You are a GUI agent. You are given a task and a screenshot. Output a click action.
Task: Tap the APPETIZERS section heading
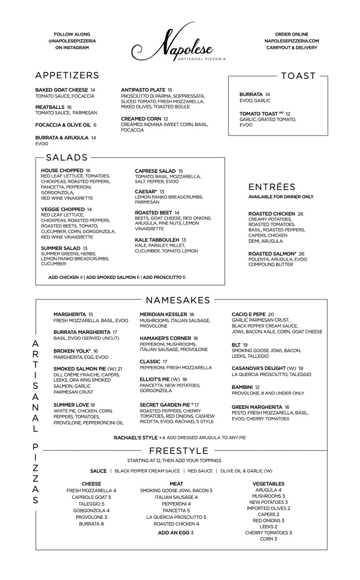click(67, 76)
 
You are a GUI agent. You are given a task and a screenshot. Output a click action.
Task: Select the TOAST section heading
click(298, 76)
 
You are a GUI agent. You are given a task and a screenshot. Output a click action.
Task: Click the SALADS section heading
click(67, 157)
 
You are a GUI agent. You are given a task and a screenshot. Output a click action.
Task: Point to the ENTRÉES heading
click(272, 187)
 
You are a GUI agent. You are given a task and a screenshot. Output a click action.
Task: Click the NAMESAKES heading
click(178, 301)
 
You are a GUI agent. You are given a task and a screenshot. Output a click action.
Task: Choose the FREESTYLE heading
click(178, 450)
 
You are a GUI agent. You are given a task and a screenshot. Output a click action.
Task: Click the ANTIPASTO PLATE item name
click(143, 90)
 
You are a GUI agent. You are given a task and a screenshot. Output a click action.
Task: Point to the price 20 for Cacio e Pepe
click(271, 314)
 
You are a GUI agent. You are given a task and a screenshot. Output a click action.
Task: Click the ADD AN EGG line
click(176, 533)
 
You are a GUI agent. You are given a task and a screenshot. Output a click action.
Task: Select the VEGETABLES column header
click(268, 484)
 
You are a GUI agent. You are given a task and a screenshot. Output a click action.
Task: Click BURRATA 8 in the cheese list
click(91, 524)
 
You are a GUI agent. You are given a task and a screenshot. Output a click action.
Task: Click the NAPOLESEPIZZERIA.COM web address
click(292, 41)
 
